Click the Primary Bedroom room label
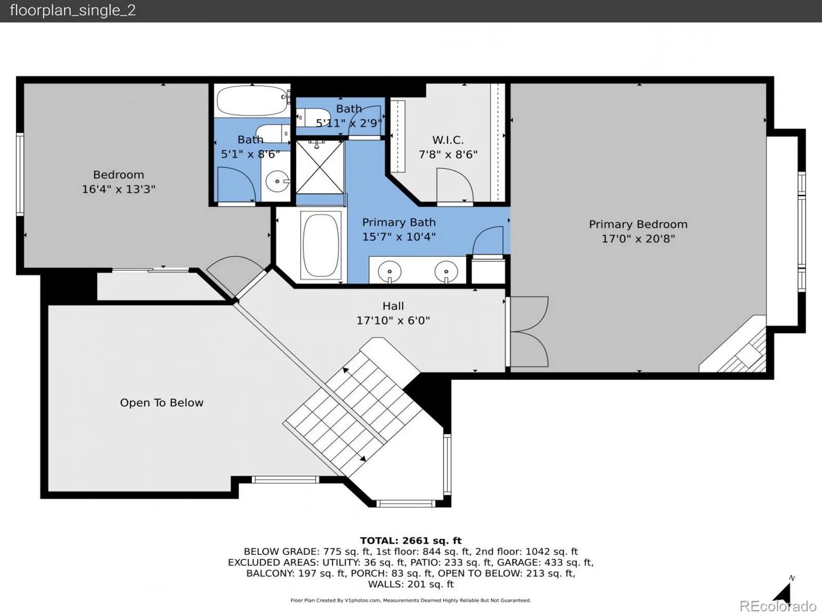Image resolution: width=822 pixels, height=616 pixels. click(x=638, y=224)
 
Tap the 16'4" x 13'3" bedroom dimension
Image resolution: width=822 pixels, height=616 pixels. click(x=118, y=189)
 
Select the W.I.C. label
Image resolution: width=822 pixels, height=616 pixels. click(x=448, y=140)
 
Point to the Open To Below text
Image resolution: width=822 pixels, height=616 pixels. click(x=161, y=402)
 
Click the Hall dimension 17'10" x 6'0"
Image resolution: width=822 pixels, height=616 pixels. click(x=393, y=320)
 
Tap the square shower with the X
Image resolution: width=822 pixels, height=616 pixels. click(x=320, y=167)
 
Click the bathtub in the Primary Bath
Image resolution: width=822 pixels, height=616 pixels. click(x=321, y=245)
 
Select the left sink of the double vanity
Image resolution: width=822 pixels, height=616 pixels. click(x=389, y=271)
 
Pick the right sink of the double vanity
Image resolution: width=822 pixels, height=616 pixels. click(x=446, y=271)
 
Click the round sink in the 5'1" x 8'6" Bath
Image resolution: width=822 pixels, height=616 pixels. click(x=277, y=181)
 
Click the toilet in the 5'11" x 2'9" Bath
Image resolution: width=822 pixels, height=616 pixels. click(x=313, y=118)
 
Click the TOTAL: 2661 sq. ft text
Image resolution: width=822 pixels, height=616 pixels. click(x=411, y=541)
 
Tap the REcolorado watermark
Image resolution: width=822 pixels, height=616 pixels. click(x=778, y=606)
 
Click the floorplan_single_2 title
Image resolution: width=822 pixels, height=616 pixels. click(x=72, y=10)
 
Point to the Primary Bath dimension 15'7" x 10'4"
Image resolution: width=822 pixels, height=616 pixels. click(x=399, y=237)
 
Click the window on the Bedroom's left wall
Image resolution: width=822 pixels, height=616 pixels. click(x=20, y=175)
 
